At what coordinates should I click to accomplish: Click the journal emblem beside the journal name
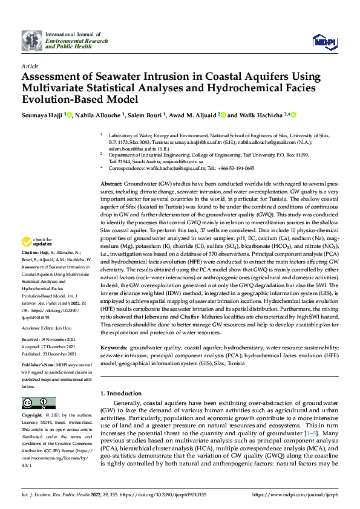tap(32, 41)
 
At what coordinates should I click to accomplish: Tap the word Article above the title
tap(28, 65)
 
